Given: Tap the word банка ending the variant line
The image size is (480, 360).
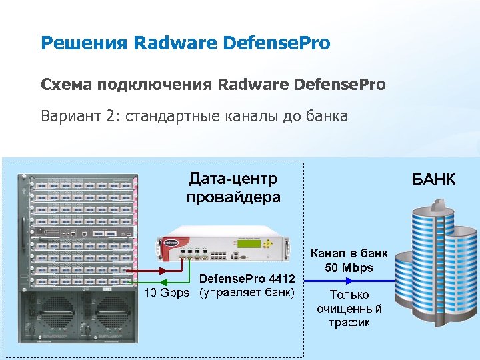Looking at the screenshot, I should (x=324, y=117).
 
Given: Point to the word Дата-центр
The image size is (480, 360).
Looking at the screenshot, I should (x=233, y=179).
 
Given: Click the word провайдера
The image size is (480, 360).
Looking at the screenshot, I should (x=233, y=197).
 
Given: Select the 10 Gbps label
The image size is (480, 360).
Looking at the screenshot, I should (x=168, y=293).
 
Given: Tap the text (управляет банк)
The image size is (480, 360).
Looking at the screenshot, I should (x=247, y=293).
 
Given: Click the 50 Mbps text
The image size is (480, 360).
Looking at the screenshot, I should (x=349, y=268).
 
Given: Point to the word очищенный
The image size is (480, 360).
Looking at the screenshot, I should (x=349, y=309).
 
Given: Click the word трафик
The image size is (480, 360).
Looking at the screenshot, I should (x=349, y=323).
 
